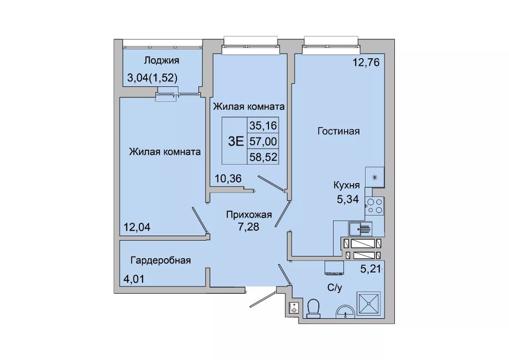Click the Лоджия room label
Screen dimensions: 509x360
pyautogui.click(x=162, y=61)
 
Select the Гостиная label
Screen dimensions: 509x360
pyautogui.click(x=339, y=131)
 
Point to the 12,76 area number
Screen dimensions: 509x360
pyautogui.click(x=366, y=62)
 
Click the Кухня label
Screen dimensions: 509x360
pyautogui.click(x=347, y=185)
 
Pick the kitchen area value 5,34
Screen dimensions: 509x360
pyautogui.click(x=348, y=199)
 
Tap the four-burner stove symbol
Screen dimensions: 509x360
pyautogui.click(x=375, y=206)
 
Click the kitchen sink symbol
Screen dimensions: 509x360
pyautogui.click(x=361, y=229)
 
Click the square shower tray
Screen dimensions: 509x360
pyautogui.click(x=369, y=304)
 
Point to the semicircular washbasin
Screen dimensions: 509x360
pyautogui.click(x=345, y=311)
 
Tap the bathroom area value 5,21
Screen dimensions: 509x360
pyautogui.click(x=370, y=269)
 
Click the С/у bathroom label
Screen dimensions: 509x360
pyautogui.click(x=334, y=288)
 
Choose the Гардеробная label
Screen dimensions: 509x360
pyautogui.click(x=160, y=260)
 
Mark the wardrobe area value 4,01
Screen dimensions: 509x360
pyautogui.click(x=133, y=279)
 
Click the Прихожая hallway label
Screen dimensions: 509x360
pyautogui.click(x=249, y=215)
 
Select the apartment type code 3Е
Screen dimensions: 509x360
pyautogui.click(x=236, y=141)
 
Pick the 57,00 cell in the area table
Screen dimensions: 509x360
pyautogui.click(x=263, y=141)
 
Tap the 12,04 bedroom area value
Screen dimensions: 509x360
pyautogui.click(x=137, y=227)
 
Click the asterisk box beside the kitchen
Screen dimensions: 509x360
pyautogui.click(x=375, y=177)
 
